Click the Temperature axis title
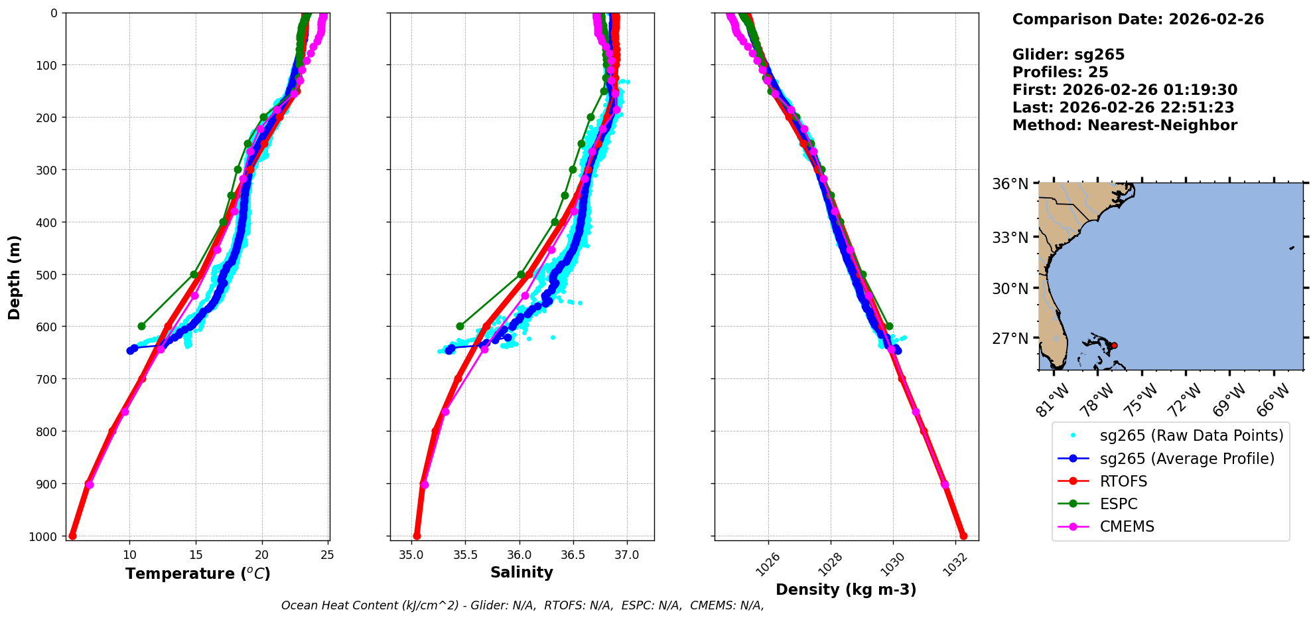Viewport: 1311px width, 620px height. point(198,574)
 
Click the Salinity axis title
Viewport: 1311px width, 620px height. point(521,572)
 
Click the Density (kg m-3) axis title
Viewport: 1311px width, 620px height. point(846,589)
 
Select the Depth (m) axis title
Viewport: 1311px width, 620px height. point(15,277)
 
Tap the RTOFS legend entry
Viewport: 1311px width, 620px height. point(1123,481)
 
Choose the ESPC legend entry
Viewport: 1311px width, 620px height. point(1119,504)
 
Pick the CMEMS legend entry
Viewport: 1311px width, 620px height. point(1127,526)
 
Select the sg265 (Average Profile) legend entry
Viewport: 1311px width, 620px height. point(1187,459)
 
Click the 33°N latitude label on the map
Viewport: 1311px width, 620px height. point(1010,238)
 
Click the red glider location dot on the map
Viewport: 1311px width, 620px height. point(1114,345)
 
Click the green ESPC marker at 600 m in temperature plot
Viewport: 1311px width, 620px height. point(141,326)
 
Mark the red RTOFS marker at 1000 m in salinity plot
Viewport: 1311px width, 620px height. point(417,536)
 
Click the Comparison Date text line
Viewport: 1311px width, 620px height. point(1138,19)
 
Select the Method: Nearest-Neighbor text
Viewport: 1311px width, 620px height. point(1125,125)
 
